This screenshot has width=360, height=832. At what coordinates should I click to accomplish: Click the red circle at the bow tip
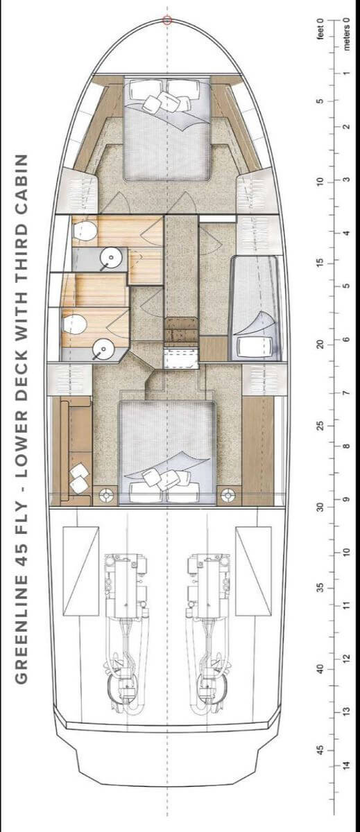167,20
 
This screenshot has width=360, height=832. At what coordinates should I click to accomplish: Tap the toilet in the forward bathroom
85,231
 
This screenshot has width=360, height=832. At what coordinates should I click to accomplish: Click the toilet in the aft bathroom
75,324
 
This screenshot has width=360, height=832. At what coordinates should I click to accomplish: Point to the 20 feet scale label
320,344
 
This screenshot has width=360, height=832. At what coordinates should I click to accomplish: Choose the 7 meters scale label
346,393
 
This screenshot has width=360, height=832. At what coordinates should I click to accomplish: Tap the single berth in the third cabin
255,308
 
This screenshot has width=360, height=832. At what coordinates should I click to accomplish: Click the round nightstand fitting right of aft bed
228,495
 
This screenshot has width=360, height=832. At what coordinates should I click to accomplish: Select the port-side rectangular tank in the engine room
81,571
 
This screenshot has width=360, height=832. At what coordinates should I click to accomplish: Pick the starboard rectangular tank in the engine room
253,571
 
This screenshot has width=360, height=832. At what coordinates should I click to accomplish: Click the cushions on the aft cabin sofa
79,479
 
